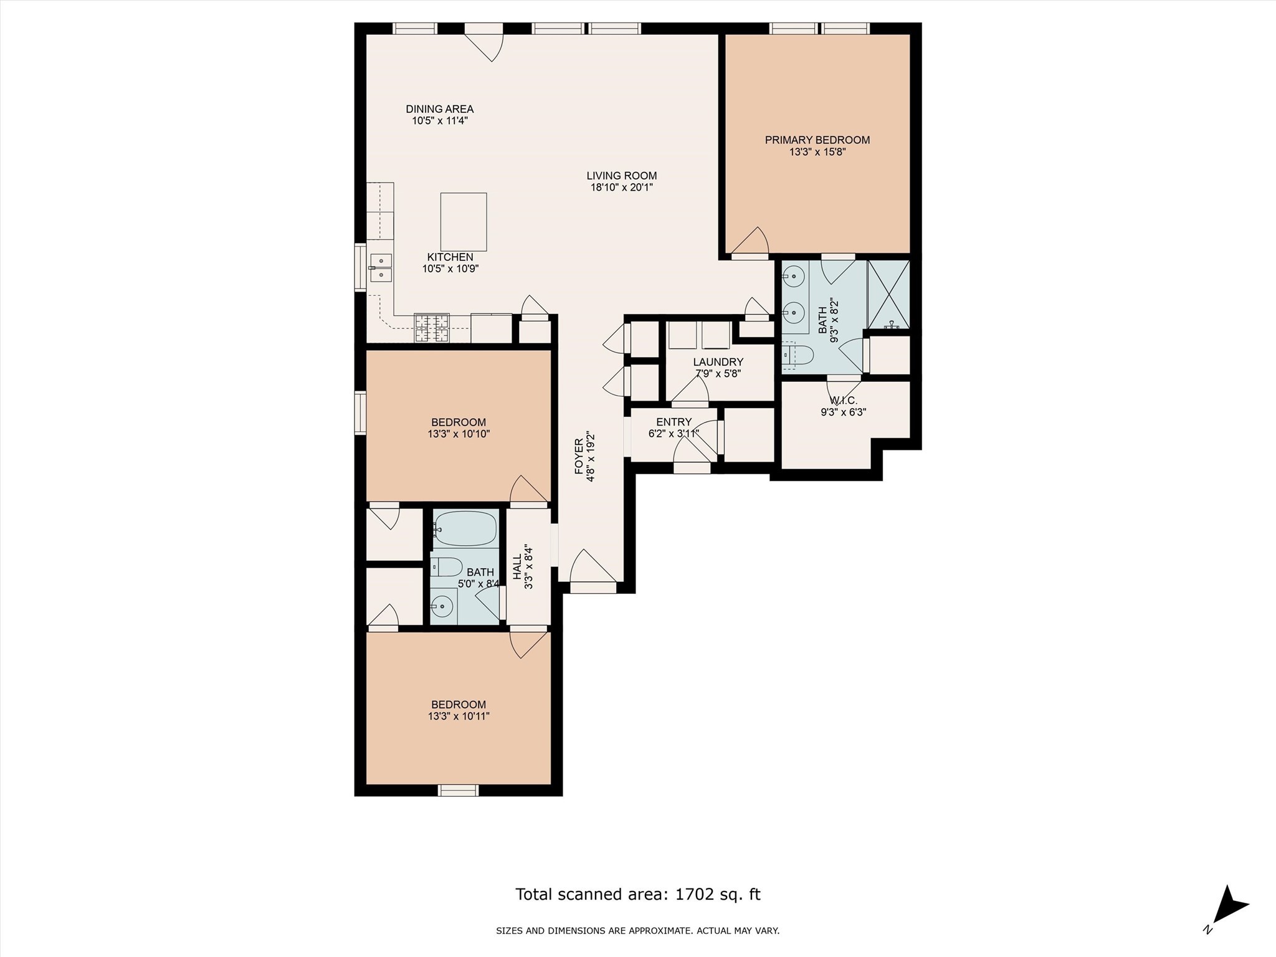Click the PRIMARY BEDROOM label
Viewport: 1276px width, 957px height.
(x=817, y=140)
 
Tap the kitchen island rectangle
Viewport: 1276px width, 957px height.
(x=464, y=222)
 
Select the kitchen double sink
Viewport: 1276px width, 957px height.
(x=380, y=267)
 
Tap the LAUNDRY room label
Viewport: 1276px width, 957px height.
(x=718, y=362)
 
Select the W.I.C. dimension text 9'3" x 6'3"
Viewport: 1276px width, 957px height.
(x=844, y=412)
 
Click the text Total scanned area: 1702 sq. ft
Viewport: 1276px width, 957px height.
(x=637, y=895)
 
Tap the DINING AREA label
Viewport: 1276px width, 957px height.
(x=439, y=109)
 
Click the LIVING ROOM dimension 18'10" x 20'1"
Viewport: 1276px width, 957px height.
(x=621, y=187)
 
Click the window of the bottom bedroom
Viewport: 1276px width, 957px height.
(x=458, y=790)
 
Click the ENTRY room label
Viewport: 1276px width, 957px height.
(x=674, y=422)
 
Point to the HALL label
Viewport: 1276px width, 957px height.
(x=517, y=568)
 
